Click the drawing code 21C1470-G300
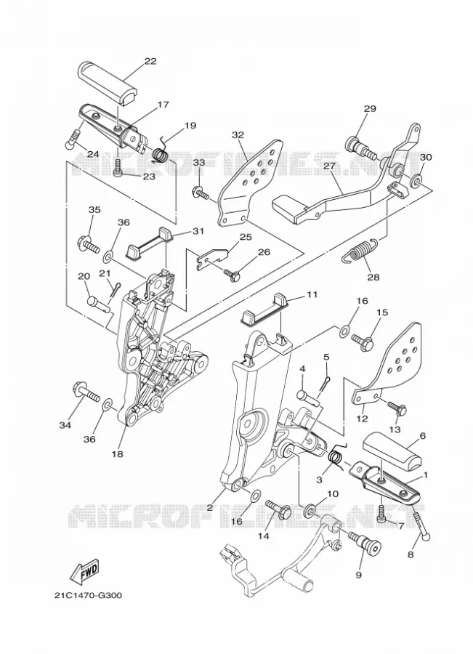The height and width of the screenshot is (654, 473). pos(89,595)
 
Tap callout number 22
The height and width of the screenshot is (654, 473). pos(150,61)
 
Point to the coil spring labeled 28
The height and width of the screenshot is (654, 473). pos(360,252)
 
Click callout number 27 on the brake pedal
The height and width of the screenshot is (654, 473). pos(330,166)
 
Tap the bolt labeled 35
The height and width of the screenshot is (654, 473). pos(88,243)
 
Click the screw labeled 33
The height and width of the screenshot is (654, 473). pos(202,193)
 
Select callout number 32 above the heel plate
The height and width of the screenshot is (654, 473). pos(238,135)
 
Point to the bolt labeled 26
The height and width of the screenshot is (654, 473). pos(232,274)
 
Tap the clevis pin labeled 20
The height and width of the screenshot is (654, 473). pos(98,304)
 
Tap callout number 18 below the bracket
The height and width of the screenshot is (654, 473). pos(118,454)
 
